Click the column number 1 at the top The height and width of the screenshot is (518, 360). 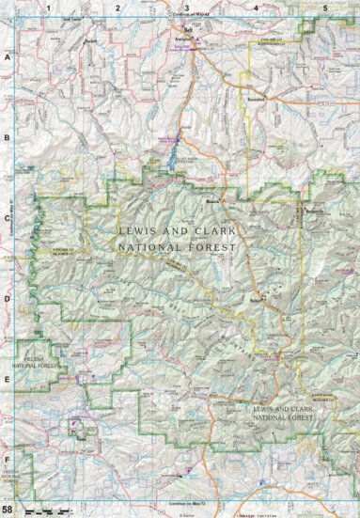pyautogui.click(x=47, y=8)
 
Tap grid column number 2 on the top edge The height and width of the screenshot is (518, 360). pyautogui.click(x=117, y=8)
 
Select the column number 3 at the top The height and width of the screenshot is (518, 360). pyautogui.click(x=187, y=8)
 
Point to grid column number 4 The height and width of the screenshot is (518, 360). pyautogui.click(x=256, y=8)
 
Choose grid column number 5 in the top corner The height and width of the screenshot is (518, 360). pyautogui.click(x=325, y=8)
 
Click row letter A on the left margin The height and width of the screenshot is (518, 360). pyautogui.click(x=8, y=57)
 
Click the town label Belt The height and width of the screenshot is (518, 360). pyautogui.click(x=188, y=30)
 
